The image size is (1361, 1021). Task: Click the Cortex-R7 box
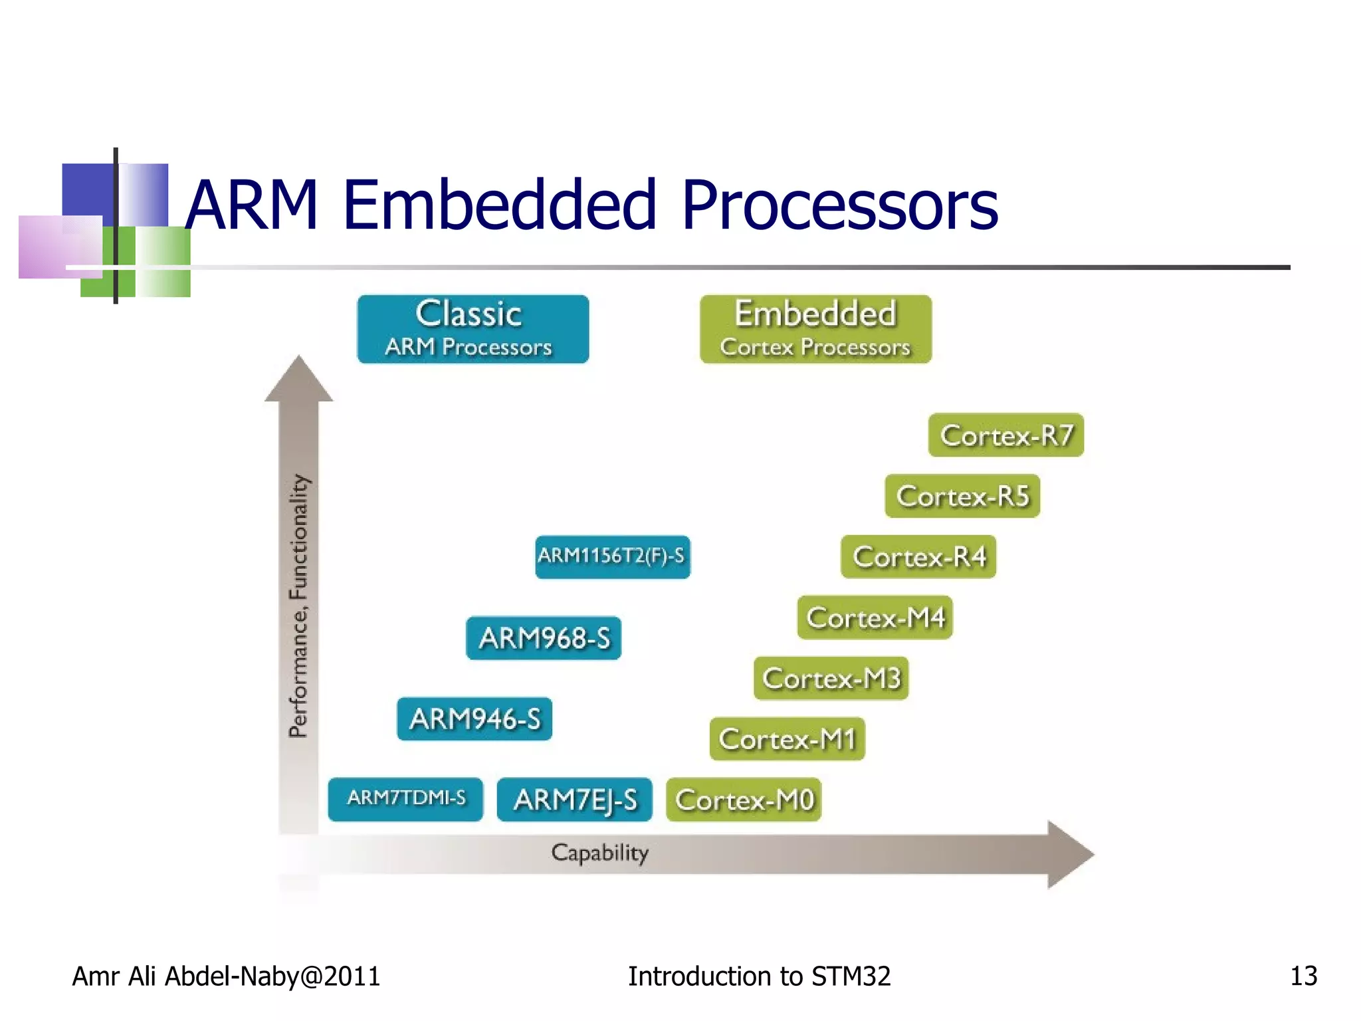(1005, 435)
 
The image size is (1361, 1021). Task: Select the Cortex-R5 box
(962, 496)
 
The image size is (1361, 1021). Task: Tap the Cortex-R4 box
(918, 557)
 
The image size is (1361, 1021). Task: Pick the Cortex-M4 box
(875, 618)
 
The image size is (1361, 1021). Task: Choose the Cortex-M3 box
(831, 678)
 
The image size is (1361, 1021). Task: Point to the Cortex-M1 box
(787, 739)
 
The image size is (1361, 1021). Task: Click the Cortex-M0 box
(744, 800)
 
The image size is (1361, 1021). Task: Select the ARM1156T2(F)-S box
(612, 556)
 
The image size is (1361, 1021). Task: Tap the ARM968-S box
(544, 638)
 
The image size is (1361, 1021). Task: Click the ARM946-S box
(474, 719)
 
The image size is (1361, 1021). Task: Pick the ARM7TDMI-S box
(405, 799)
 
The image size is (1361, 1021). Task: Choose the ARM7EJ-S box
(574, 800)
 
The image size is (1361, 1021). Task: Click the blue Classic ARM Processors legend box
(472, 329)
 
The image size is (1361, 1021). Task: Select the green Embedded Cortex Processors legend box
(815, 329)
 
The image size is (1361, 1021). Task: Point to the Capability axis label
(599, 853)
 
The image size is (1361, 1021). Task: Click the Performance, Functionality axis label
(299, 605)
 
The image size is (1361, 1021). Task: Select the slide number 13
(1303, 976)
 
